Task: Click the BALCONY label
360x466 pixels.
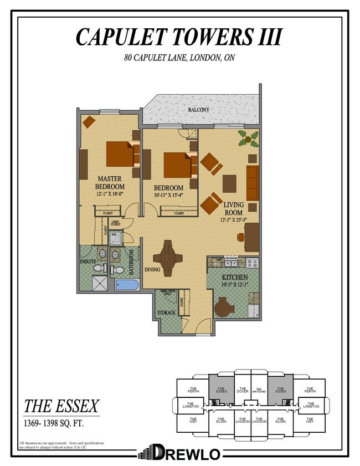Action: pyautogui.click(x=198, y=110)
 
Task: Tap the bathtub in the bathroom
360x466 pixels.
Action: pyautogui.click(x=128, y=285)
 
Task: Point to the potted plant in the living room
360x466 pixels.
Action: pyautogui.click(x=248, y=137)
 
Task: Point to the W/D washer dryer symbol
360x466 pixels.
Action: pyautogui.click(x=114, y=234)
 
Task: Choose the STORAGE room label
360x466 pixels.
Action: pyautogui.click(x=166, y=313)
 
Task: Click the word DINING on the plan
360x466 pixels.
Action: pyautogui.click(x=153, y=270)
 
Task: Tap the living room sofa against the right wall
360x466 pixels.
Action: pyautogui.click(x=252, y=182)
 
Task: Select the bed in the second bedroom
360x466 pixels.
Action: pyautogui.click(x=178, y=165)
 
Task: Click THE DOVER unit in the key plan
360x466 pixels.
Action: pyautogui.click(x=242, y=391)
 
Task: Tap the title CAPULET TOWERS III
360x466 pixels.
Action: pyautogui.click(x=179, y=37)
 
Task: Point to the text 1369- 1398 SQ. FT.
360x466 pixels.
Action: pyautogui.click(x=53, y=424)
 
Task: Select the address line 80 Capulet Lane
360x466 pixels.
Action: pyautogui.click(x=179, y=58)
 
